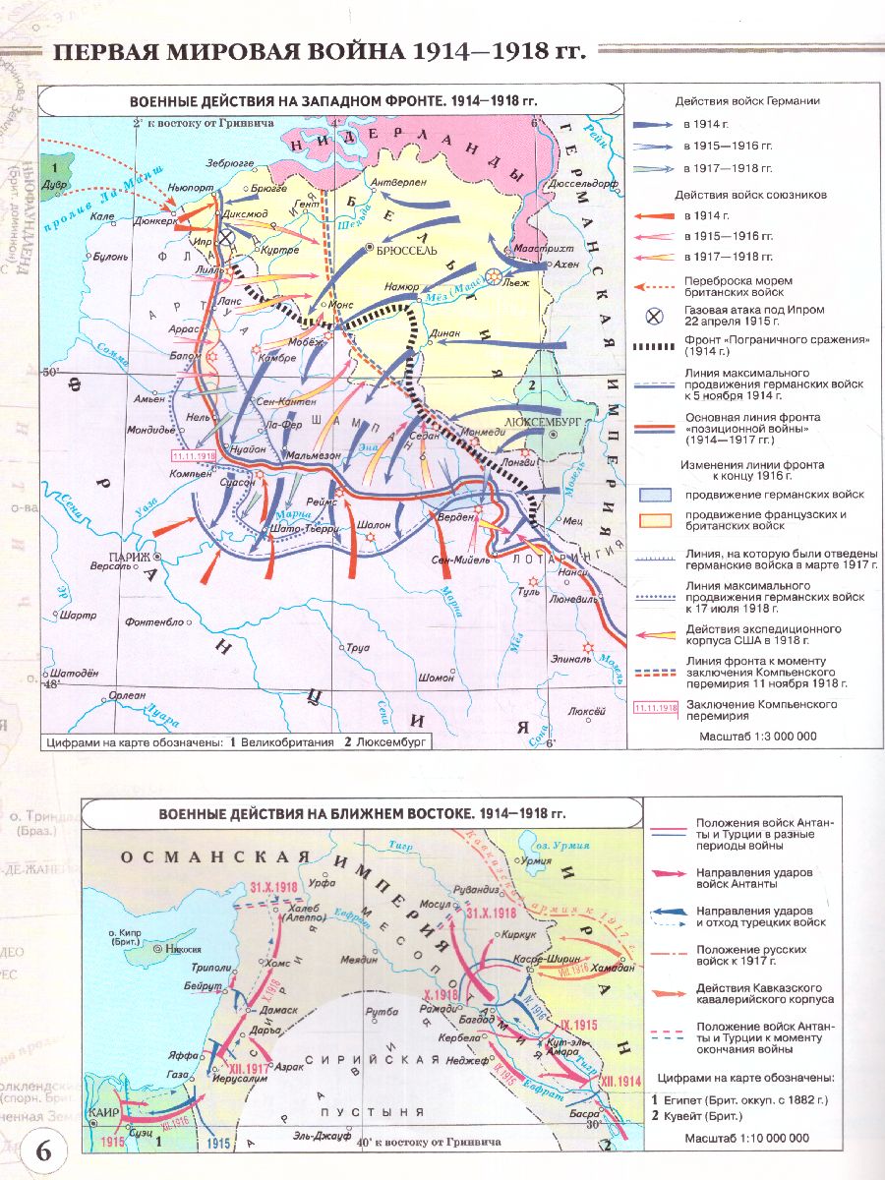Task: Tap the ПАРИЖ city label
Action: click(x=125, y=558)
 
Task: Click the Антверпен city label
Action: click(x=402, y=183)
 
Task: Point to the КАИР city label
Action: click(x=102, y=1113)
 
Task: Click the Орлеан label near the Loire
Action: click(x=99, y=694)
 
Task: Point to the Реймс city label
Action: click(x=321, y=502)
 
